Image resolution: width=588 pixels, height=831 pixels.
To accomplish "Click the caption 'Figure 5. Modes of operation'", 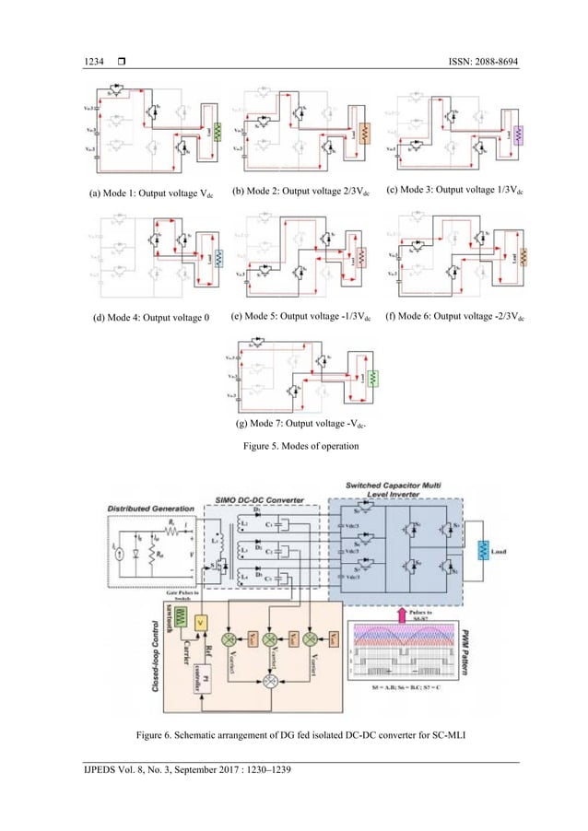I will coord(293,445).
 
